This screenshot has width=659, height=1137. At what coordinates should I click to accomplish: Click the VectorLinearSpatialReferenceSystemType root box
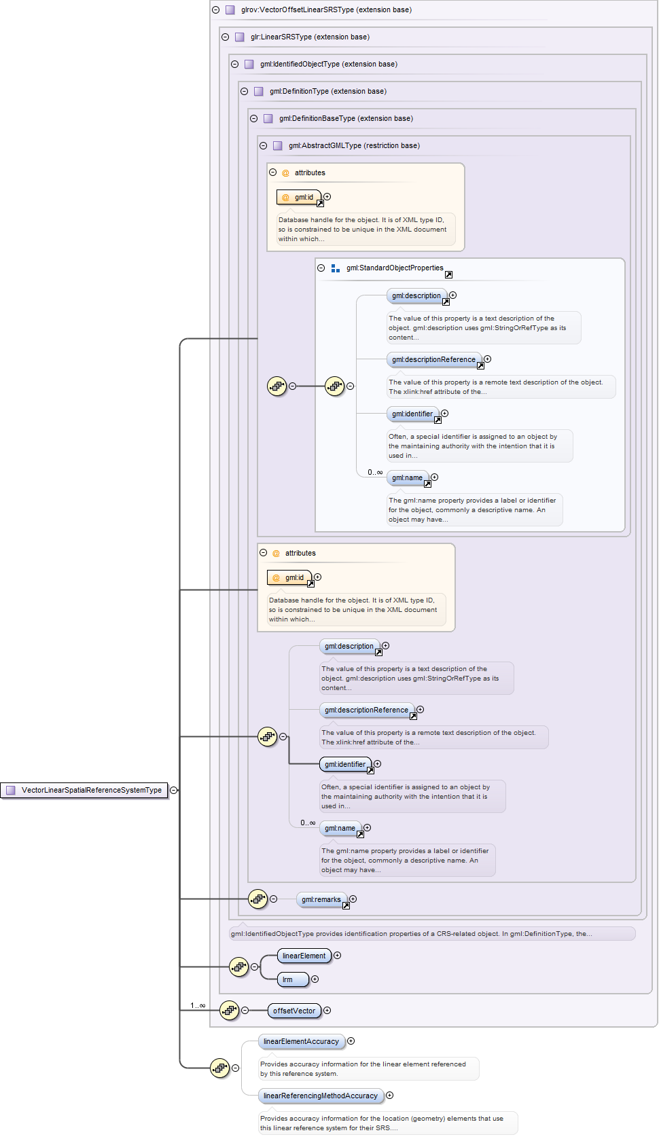(85, 790)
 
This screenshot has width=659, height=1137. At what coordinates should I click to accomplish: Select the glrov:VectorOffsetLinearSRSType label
(326, 10)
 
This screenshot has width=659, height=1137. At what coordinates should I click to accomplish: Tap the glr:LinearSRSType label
(310, 37)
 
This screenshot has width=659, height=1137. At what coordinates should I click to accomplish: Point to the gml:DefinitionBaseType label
(346, 118)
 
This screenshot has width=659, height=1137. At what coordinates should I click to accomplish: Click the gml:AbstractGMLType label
(354, 145)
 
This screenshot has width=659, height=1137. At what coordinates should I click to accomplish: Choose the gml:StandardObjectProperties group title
(395, 268)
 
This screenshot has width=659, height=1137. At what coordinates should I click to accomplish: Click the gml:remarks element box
(321, 899)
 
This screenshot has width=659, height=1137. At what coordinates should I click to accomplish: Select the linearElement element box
(304, 956)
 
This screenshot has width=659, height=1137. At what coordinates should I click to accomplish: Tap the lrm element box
(293, 979)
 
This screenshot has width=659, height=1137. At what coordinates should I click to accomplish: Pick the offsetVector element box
(294, 1011)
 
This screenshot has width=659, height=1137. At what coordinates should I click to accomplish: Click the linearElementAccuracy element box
(301, 1041)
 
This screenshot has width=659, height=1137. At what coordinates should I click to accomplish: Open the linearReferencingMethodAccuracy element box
(320, 1096)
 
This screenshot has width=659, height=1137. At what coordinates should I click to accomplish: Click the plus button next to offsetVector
(327, 1011)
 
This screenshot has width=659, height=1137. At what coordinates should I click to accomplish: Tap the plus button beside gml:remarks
(353, 899)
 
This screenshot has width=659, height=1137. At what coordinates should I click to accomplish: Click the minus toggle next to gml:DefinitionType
(245, 91)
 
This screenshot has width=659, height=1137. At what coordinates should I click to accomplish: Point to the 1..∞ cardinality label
(198, 1005)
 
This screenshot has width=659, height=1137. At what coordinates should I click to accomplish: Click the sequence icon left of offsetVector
(230, 1011)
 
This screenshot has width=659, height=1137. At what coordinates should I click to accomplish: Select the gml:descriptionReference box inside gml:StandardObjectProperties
(433, 359)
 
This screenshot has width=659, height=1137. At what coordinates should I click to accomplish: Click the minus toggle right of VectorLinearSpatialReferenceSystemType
(174, 790)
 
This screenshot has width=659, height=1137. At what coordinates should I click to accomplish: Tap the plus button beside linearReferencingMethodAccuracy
(389, 1095)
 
